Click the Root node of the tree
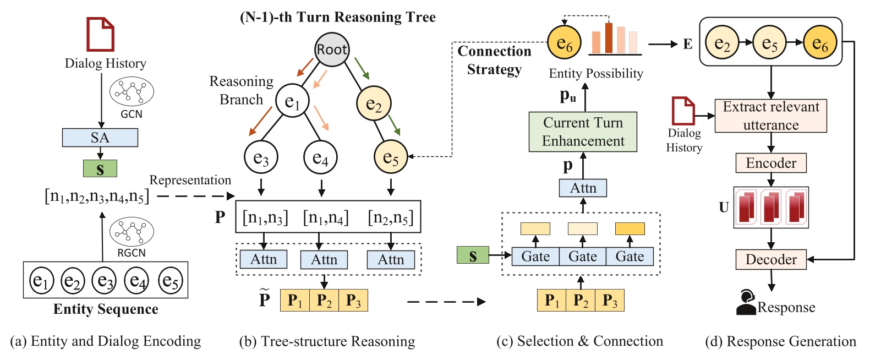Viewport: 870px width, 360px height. [x=332, y=50]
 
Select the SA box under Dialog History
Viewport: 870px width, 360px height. [x=100, y=138]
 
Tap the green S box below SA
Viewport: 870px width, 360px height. [x=100, y=168]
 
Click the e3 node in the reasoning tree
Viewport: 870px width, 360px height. [x=261, y=158]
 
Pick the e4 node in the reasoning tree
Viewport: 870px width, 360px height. [x=320, y=158]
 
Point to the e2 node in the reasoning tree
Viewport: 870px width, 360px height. [x=374, y=103]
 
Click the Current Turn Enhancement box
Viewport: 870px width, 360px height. [x=583, y=132]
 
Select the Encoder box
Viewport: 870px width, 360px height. [x=771, y=163]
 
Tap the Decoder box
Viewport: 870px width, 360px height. [x=771, y=259]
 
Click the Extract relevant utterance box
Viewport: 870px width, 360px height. [x=770, y=116]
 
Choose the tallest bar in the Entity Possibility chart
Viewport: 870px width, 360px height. [x=609, y=38]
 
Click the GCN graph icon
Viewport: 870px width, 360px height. [x=132, y=91]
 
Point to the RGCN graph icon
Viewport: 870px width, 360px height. [x=132, y=231]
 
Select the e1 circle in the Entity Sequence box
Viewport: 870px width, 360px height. [x=42, y=281]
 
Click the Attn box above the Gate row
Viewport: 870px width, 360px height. [x=583, y=188]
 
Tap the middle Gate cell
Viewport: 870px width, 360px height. [x=583, y=257]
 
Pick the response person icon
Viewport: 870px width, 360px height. [x=746, y=302]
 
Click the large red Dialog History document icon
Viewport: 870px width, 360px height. [x=101, y=34]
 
